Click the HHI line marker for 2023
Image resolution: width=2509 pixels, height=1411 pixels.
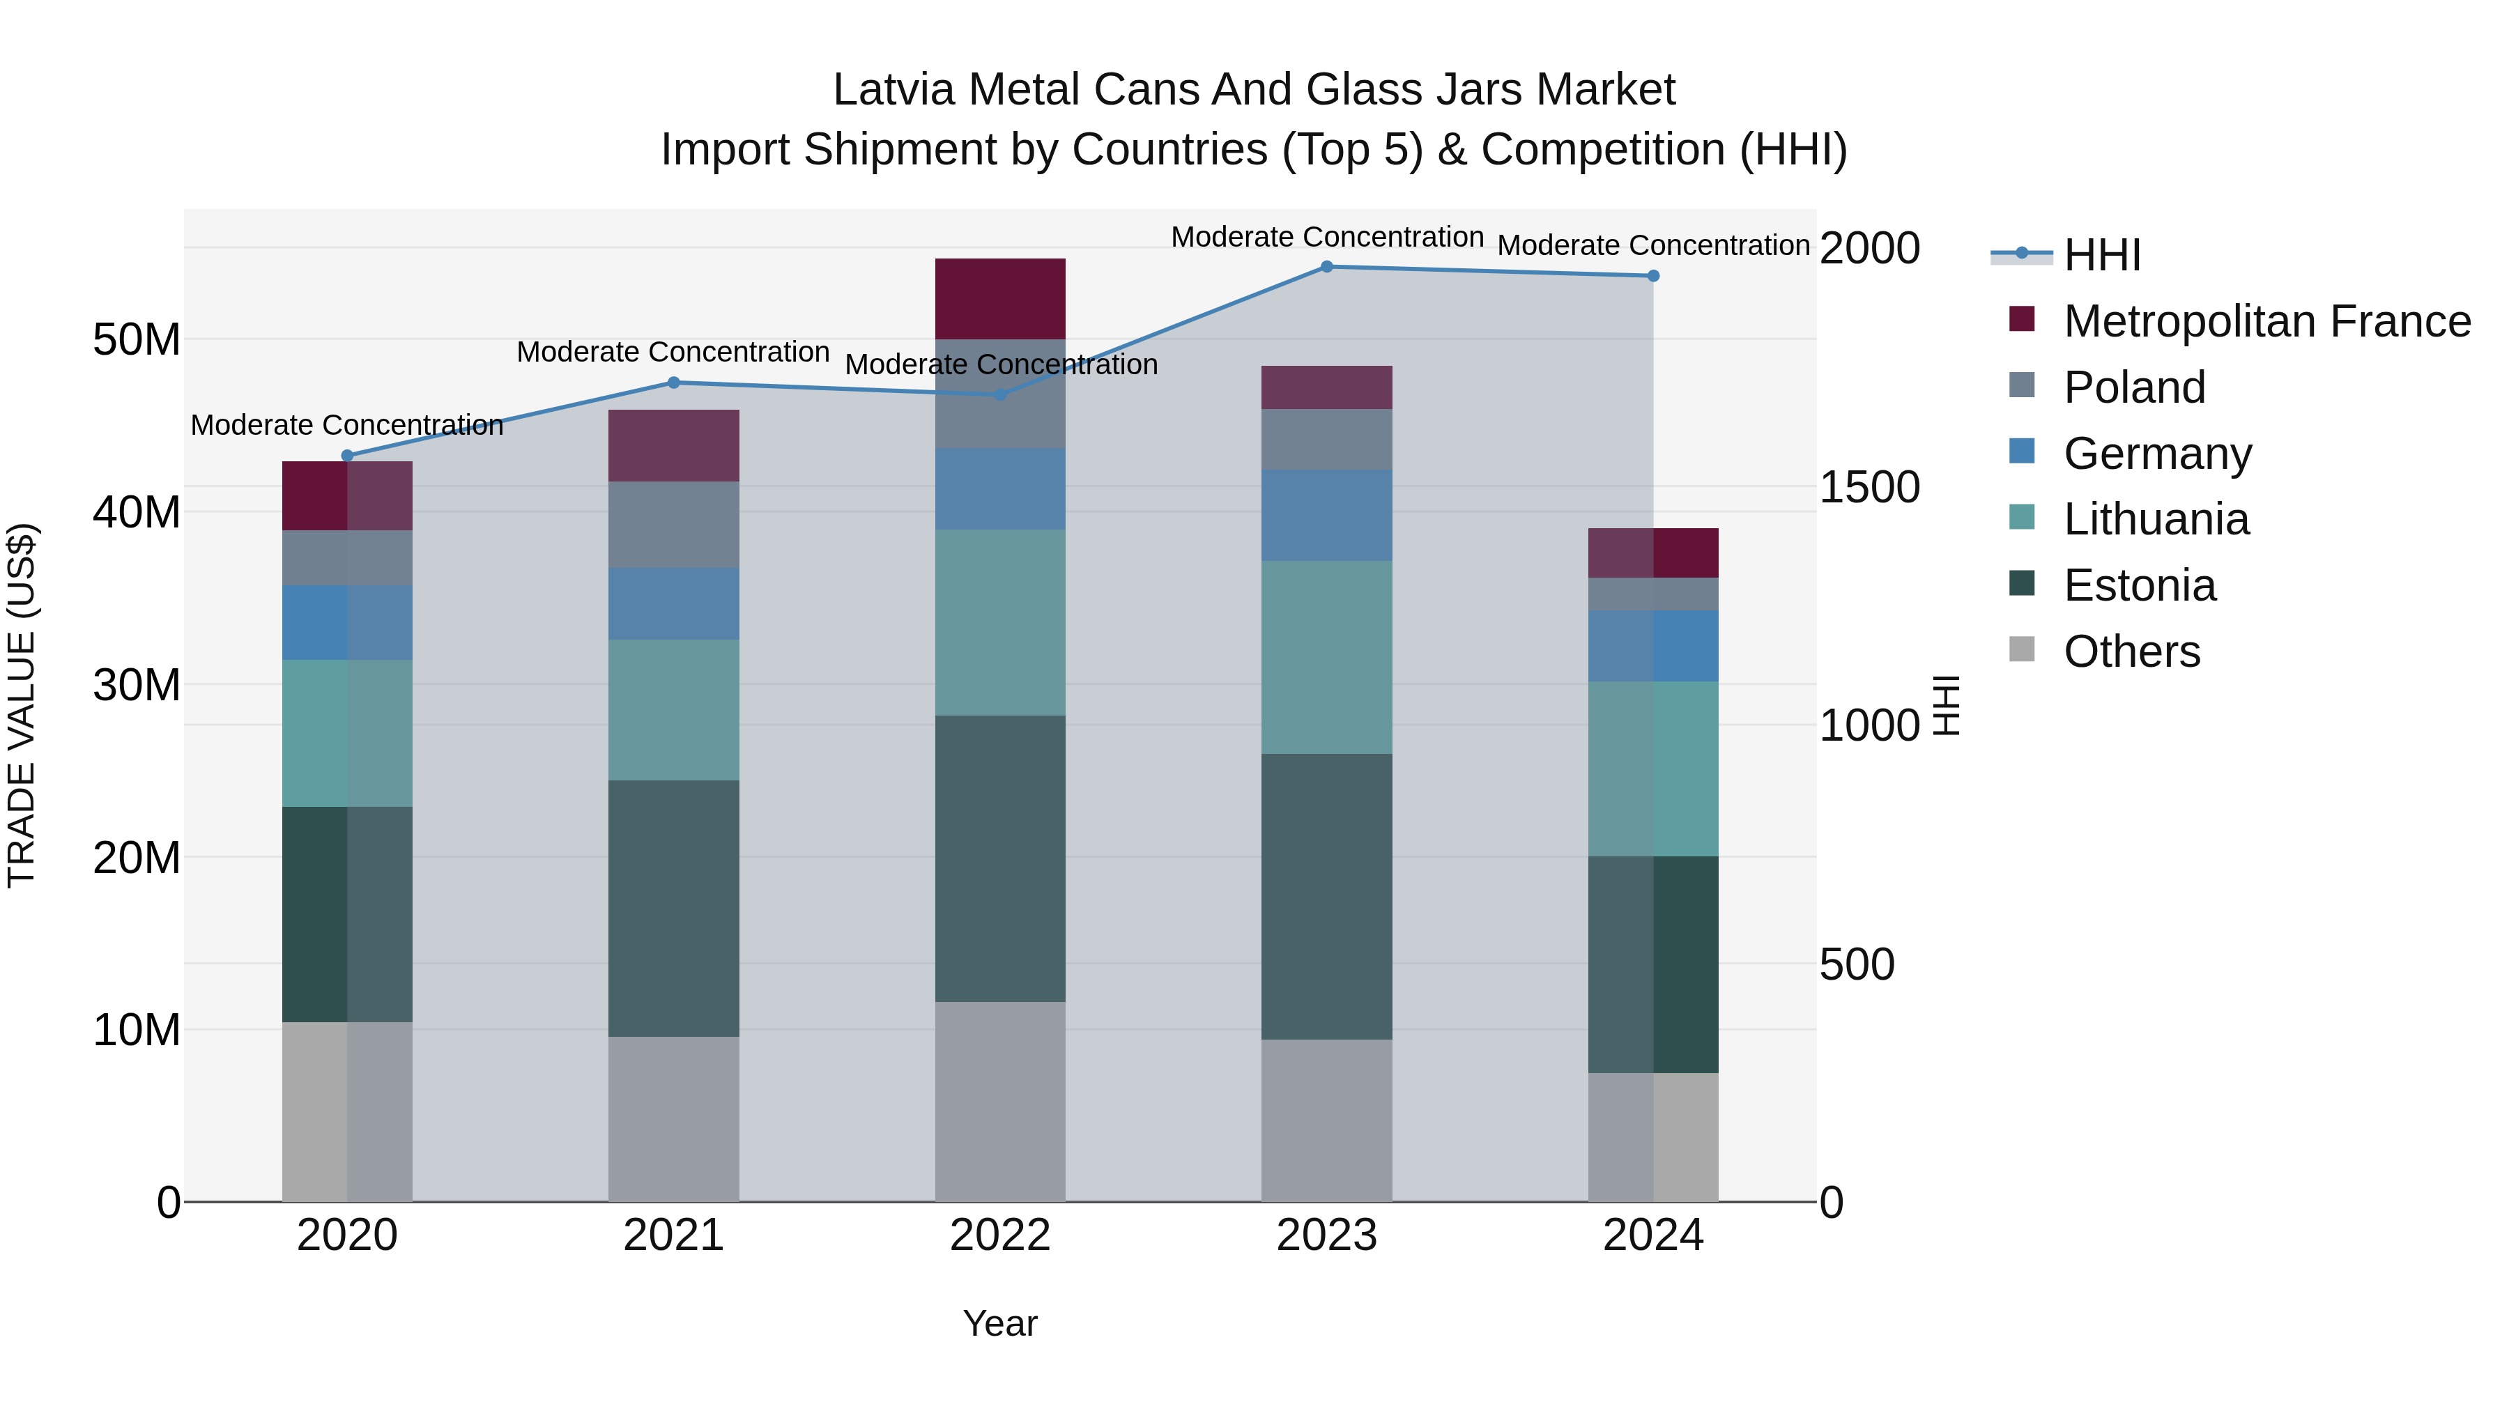click(1326, 266)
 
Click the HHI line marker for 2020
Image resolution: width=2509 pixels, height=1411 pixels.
click(348, 455)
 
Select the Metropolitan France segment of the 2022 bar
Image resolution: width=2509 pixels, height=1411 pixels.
click(1000, 298)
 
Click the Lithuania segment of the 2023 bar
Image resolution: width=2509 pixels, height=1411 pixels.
click(1326, 656)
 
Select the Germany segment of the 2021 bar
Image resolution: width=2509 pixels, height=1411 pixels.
click(674, 603)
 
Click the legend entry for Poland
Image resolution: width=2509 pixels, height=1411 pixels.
click(2133, 387)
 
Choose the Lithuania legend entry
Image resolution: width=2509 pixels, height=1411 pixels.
click(2156, 519)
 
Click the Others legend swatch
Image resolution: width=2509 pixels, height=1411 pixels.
click(2022, 649)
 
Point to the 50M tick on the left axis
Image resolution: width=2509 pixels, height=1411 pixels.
click(137, 340)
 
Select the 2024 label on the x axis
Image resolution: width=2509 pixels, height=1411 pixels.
click(1653, 1235)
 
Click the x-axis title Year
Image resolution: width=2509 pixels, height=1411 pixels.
click(1000, 1323)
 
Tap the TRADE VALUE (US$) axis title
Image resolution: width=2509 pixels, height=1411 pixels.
click(22, 705)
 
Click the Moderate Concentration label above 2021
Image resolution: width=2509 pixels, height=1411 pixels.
click(673, 352)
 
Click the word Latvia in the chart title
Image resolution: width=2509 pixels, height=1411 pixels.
click(893, 90)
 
